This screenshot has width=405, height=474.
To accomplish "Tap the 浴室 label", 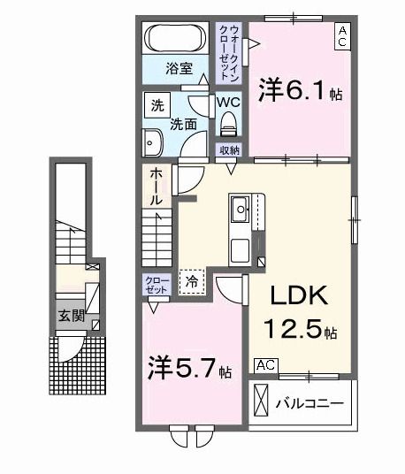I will [x=180, y=68].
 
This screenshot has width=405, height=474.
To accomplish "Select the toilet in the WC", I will [x=230, y=121].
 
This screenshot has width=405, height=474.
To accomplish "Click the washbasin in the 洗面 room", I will [x=151, y=142].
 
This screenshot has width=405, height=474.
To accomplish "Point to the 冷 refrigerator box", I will [x=191, y=280].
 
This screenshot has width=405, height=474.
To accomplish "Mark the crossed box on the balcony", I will [x=263, y=401].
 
